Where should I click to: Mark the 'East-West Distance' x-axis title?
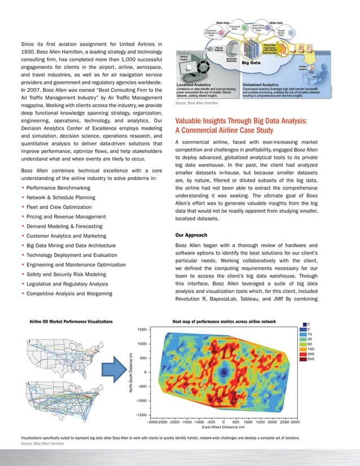(223, 427)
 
